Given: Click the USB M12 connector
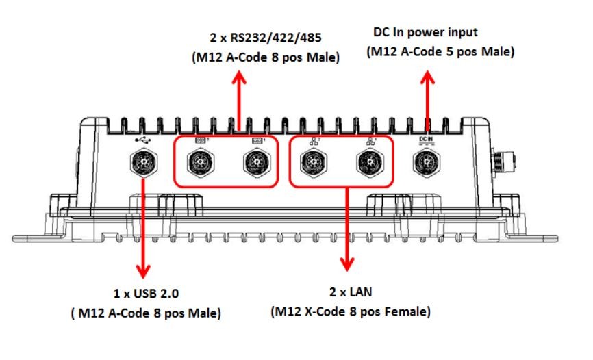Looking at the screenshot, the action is (x=144, y=162).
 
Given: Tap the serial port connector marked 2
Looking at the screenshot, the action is (x=201, y=163).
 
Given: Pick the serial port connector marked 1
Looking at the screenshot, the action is (x=257, y=163).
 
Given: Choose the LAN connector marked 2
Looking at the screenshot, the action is (x=314, y=163).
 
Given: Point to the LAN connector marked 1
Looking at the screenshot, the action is (x=370, y=162).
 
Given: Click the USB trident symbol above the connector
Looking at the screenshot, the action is (x=143, y=140).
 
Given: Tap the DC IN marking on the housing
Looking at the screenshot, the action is (x=426, y=140).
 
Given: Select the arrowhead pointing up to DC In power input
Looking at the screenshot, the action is (x=427, y=77).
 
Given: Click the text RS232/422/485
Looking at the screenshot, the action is (x=276, y=38).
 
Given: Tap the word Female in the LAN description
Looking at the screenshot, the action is (x=407, y=311).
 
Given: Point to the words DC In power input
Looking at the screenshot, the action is (x=425, y=33).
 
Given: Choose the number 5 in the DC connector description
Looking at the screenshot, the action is (x=450, y=51).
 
